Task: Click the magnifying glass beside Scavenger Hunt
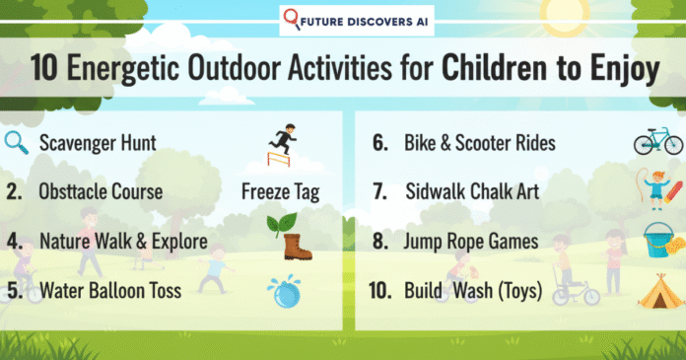click(18, 142)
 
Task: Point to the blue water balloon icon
click(283, 289)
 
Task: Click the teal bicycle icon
click(657, 141)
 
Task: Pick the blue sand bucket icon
click(656, 241)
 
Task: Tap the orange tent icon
click(655, 290)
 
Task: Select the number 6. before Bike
click(377, 144)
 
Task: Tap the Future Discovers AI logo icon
click(293, 19)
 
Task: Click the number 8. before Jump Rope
click(377, 241)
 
